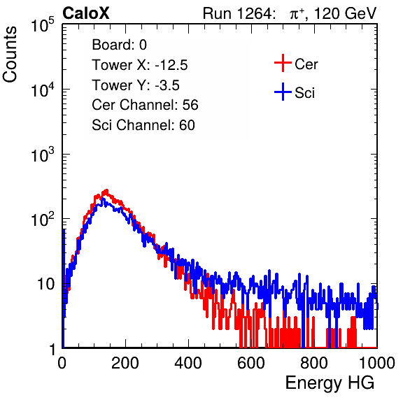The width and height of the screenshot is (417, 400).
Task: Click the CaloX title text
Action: pos(86,13)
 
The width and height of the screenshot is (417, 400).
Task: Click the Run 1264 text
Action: pos(237,13)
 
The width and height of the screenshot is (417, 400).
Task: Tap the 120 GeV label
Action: pos(346,13)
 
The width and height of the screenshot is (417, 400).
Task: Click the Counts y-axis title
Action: pos(10,55)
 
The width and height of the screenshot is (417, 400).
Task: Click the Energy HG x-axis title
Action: pos(330,383)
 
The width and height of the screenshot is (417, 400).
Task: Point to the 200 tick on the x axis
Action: pos(125,363)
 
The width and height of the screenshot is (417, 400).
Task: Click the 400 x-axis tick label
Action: pos(188,363)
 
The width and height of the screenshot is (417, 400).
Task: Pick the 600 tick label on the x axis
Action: pos(251,363)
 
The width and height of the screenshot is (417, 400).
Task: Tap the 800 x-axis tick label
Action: pos(314,363)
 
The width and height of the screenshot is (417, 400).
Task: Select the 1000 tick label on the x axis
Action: pos(377,363)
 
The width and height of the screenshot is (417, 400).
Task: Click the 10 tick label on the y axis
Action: pos(45,284)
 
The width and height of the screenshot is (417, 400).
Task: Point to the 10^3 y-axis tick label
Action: pos(43,154)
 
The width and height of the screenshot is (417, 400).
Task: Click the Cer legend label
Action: pos(306,64)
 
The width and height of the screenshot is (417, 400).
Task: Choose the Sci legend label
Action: pos(304,93)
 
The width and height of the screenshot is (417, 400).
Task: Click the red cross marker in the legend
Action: pos(283,63)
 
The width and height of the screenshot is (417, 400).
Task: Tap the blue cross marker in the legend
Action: pos(283,92)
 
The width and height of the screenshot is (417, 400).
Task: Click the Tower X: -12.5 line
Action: pos(140,65)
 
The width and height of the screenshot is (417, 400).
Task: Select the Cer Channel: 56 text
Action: pos(145,105)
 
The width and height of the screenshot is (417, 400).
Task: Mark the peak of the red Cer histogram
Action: pos(106,190)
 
